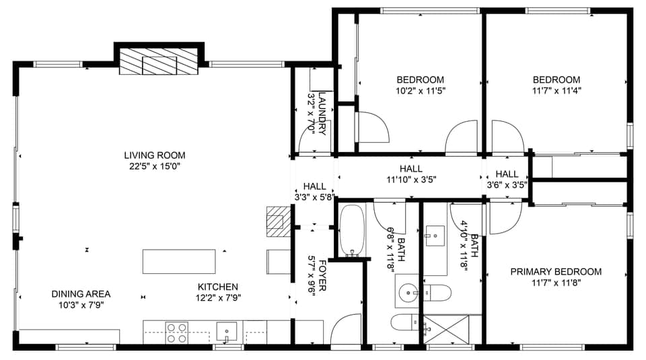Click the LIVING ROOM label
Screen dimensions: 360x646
pyautogui.click(x=154, y=155)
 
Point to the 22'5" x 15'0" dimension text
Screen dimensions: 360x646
pyautogui.click(x=154, y=166)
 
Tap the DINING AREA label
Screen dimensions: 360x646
pyautogui.click(x=81, y=294)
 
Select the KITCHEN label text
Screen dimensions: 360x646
pyautogui.click(x=217, y=287)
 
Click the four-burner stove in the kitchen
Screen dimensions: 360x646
pyautogui.click(x=177, y=333)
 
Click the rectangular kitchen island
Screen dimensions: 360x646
pyautogui.click(x=179, y=261)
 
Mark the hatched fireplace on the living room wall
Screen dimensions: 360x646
pyautogui.click(x=159, y=62)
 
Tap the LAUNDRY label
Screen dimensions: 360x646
pyautogui.click(x=322, y=114)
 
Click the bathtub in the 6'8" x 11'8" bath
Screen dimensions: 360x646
pyautogui.click(x=351, y=232)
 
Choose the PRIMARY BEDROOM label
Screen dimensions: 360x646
pyautogui.click(x=555, y=272)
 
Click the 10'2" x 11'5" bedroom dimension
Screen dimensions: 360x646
pyautogui.click(x=421, y=89)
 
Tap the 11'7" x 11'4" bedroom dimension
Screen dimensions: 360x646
pyautogui.click(x=556, y=89)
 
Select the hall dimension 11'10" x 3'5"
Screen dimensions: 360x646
pyautogui.click(x=410, y=180)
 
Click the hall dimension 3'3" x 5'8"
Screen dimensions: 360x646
pyautogui.click(x=314, y=197)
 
